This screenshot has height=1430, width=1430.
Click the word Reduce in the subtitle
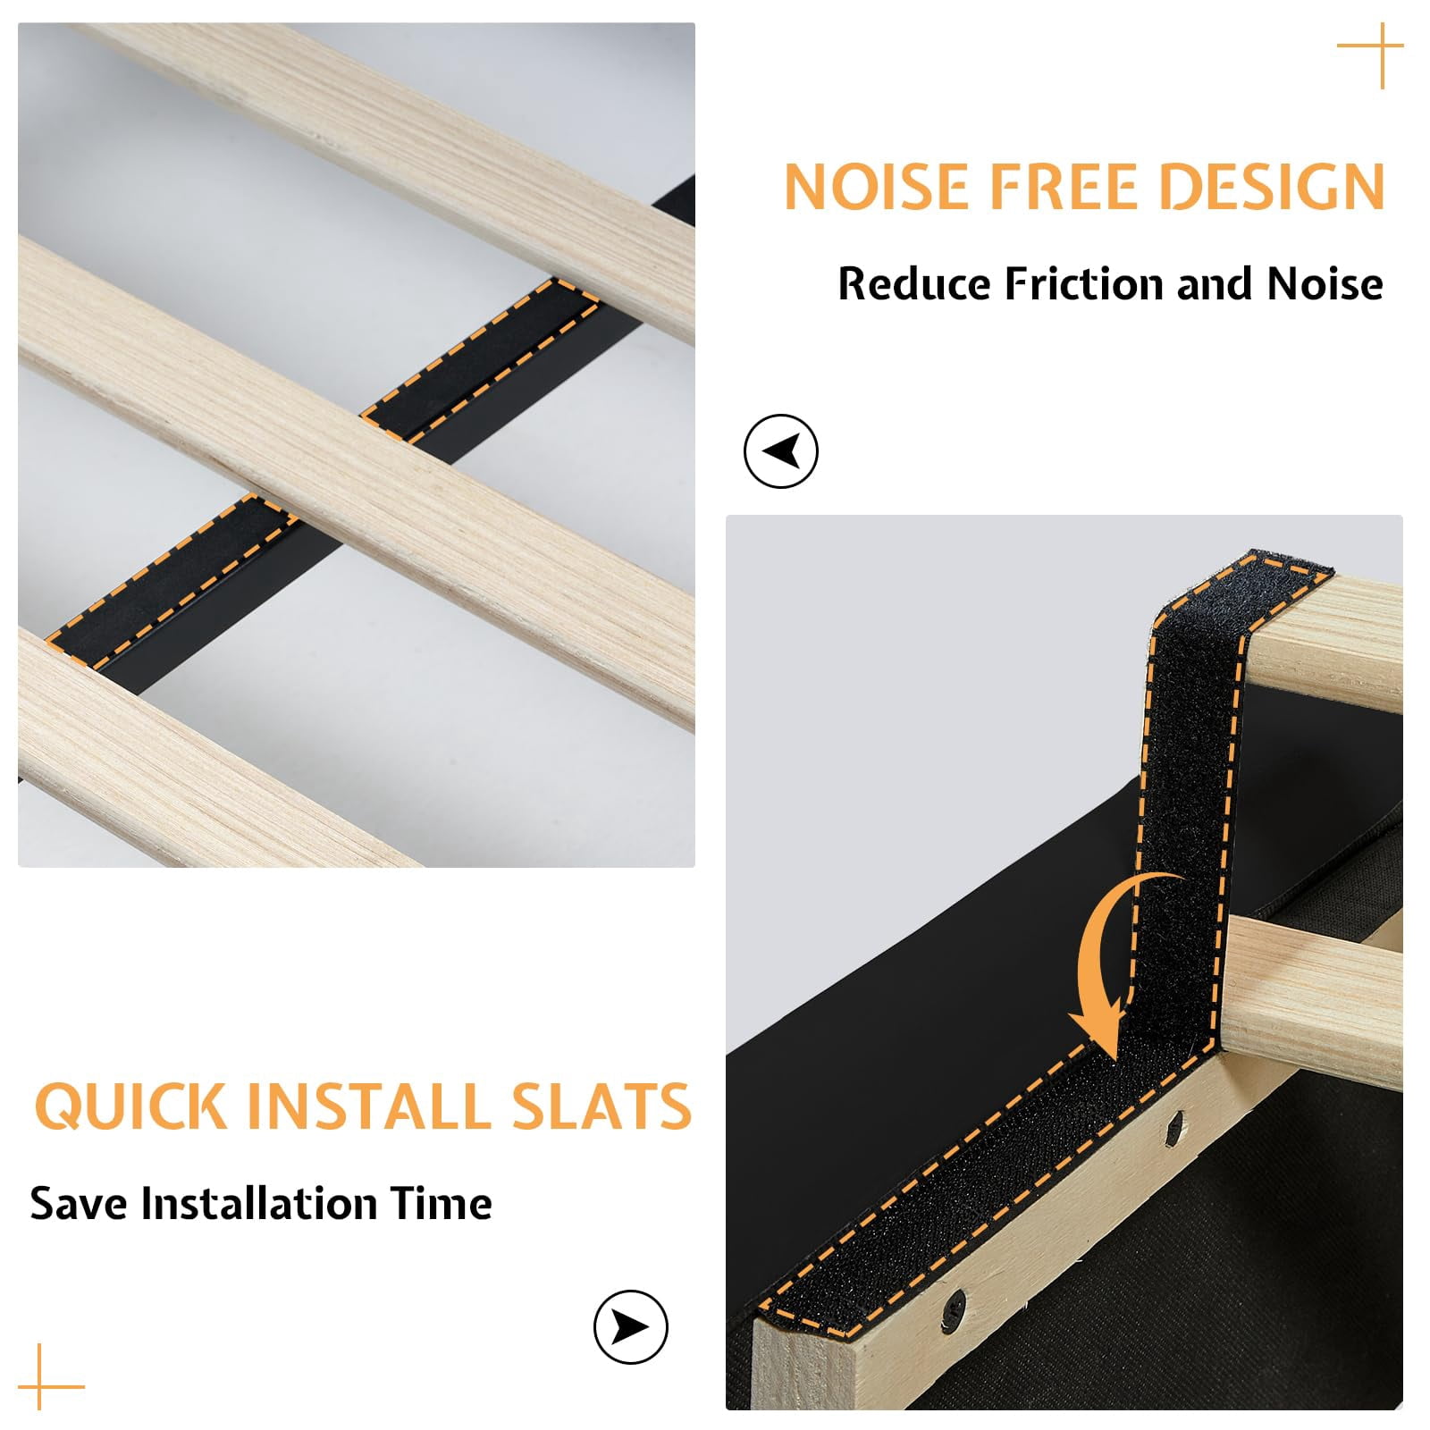[x=915, y=284]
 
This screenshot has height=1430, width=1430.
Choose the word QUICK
[x=131, y=1106]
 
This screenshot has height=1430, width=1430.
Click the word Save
[x=80, y=1203]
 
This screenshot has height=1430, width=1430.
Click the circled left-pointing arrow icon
[x=781, y=451]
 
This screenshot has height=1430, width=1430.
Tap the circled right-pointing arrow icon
[x=631, y=1326]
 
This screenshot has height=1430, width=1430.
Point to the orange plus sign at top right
[x=1371, y=55]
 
